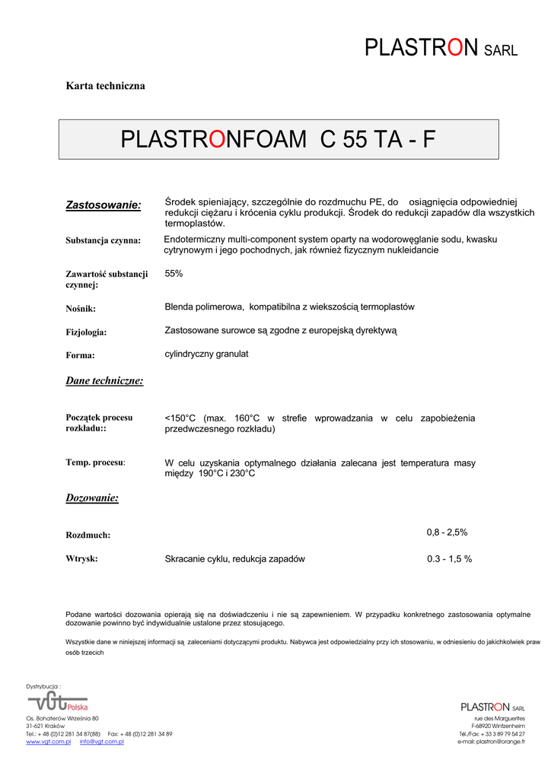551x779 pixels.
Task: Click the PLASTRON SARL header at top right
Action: tap(441, 48)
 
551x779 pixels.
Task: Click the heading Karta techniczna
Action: tap(105, 86)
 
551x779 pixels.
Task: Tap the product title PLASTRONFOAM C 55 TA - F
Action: tap(279, 140)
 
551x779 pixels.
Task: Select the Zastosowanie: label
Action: tap(104, 205)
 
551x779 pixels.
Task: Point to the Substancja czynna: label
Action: tap(103, 240)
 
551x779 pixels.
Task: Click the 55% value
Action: tap(174, 273)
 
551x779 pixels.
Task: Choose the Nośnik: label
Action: tap(81, 309)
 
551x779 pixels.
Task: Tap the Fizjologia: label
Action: tap(86, 332)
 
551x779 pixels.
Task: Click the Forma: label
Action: tap(80, 355)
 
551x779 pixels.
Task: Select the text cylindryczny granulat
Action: tap(206, 354)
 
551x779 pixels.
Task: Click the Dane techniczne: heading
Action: tap(104, 380)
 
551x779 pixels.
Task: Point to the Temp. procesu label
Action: tap(95, 462)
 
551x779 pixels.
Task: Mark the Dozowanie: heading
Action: tap(92, 498)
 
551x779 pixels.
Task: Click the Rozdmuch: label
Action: tap(88, 535)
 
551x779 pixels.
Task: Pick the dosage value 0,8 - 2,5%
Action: tap(447, 533)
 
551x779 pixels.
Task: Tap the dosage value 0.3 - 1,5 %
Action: tap(449, 558)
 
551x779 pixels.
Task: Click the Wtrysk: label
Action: tap(81, 558)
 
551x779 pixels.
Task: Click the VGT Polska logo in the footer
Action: tap(58, 701)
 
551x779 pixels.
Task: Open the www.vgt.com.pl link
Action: tap(48, 742)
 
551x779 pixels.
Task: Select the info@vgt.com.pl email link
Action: tap(102, 742)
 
